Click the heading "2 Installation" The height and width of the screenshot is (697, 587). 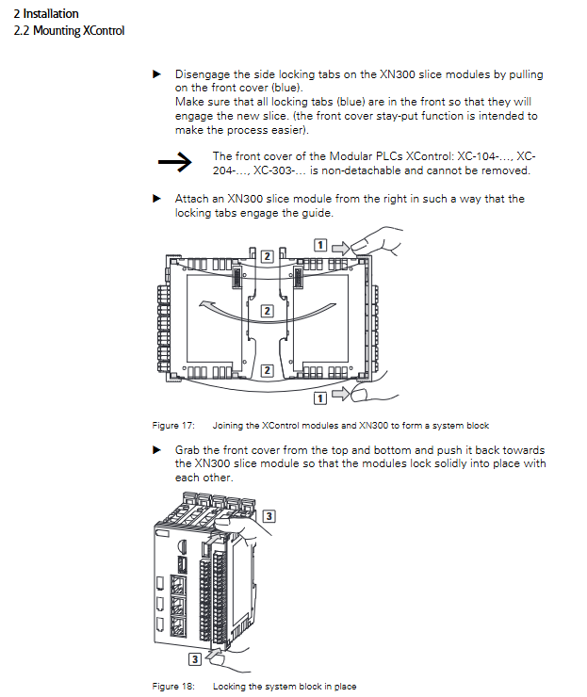pyautogui.click(x=46, y=14)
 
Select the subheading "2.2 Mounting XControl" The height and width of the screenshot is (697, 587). pyautogui.click(x=69, y=31)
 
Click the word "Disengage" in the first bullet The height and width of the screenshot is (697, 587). pyautogui.click(x=204, y=74)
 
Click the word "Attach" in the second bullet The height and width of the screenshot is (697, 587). pyautogui.click(x=192, y=199)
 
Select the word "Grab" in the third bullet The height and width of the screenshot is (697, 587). pyautogui.click(x=189, y=449)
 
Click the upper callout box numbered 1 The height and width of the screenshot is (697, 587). pyautogui.click(x=320, y=245)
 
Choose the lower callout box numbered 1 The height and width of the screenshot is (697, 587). pyautogui.click(x=320, y=398)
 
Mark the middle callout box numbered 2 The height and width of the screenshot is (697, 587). pyautogui.click(x=267, y=310)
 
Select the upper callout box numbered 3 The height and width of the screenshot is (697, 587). pyautogui.click(x=269, y=516)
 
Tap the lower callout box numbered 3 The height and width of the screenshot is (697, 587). pyautogui.click(x=194, y=659)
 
